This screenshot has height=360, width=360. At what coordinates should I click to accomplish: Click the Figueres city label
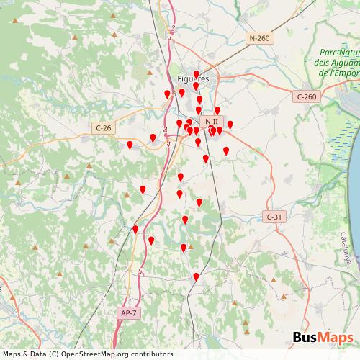tap(192, 78)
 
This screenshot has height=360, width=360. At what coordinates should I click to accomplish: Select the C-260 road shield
tap(306, 96)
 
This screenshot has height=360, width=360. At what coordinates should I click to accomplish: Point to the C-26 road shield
tap(104, 127)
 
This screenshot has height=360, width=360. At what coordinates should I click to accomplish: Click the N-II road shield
tap(210, 122)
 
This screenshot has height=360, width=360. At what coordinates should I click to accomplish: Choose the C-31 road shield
tap(274, 216)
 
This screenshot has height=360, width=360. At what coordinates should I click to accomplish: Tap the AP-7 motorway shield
tap(128, 312)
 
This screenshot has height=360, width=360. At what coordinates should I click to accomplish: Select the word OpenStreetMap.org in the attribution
tap(89, 354)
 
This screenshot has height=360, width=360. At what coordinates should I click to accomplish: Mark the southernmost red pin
tap(196, 276)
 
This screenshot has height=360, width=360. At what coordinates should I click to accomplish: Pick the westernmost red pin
tap(130, 145)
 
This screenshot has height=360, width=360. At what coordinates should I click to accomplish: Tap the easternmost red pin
tap(230, 125)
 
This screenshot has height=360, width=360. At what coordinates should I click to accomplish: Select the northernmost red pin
tap(197, 73)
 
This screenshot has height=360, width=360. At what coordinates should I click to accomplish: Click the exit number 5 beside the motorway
tap(140, 271)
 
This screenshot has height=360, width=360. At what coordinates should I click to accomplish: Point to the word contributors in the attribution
tap(148, 354)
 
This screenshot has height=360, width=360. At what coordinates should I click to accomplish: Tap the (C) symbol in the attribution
tap(49, 354)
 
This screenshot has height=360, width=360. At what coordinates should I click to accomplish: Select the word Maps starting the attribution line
tap(11, 354)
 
